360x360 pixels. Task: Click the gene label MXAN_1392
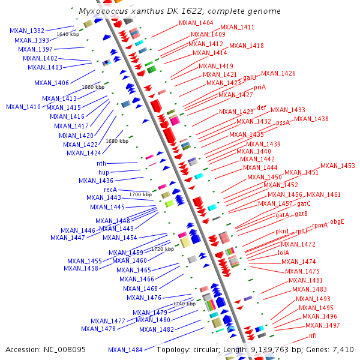(x=28, y=31)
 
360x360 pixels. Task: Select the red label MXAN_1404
(x=196, y=23)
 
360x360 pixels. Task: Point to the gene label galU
(x=249, y=77)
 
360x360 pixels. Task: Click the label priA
(x=259, y=88)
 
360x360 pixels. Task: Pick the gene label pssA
(x=283, y=122)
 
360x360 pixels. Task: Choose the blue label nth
(x=101, y=163)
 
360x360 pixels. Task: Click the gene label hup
(x=103, y=172)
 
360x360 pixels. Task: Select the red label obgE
(x=341, y=221)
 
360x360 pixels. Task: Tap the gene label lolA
(x=284, y=253)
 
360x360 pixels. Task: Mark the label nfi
(x=313, y=335)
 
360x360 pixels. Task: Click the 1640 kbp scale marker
(x=68, y=34)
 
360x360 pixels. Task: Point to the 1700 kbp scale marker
(x=140, y=194)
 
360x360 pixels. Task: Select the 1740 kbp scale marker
(x=184, y=304)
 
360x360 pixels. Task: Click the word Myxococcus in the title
(x=103, y=11)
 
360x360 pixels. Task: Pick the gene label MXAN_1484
(x=125, y=350)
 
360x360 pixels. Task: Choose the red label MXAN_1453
(x=338, y=166)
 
